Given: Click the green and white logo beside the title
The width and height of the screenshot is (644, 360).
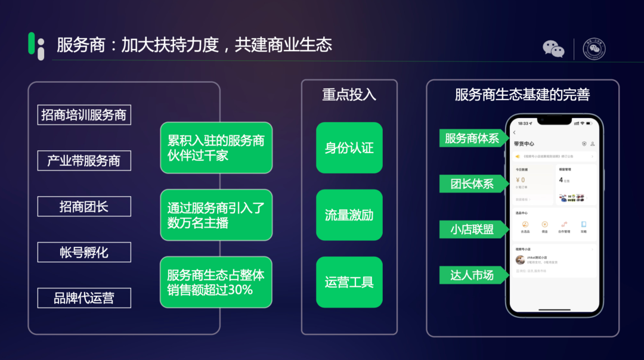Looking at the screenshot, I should pos(36,46).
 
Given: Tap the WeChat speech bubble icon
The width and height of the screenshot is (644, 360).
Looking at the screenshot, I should pos(553,49).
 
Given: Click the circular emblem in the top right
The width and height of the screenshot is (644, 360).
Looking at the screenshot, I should pos(594,49).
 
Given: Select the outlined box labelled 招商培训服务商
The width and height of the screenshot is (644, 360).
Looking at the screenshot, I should pos(84,114).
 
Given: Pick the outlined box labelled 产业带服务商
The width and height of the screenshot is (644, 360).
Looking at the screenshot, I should pos(84,160).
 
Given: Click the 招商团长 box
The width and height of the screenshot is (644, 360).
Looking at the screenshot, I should pos(84,206).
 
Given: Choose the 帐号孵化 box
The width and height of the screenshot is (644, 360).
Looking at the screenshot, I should pos(84,252).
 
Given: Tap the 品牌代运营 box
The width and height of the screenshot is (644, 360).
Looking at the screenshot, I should pos(84,298).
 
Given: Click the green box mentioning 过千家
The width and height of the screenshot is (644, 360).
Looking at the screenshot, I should pos(216,148).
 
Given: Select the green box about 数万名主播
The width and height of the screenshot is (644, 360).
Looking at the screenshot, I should pos(216,215).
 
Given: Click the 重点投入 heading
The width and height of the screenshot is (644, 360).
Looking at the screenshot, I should pos(349,95).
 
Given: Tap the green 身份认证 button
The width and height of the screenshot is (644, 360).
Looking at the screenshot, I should pos(349,148).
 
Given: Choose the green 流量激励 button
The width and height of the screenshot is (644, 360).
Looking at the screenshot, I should pos(349,215).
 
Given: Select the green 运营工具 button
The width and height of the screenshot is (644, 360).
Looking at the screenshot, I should pos(349,282).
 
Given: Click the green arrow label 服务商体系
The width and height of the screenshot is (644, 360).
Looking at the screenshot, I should pos(473,138).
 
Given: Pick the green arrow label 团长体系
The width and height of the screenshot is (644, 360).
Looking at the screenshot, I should pos(473,184).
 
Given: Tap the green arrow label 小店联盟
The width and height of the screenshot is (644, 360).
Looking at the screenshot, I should pos(473,229).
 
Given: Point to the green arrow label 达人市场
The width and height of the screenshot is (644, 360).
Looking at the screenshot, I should pos(473,275).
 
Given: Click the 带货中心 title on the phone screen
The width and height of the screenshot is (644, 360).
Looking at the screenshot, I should pos(524,144).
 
